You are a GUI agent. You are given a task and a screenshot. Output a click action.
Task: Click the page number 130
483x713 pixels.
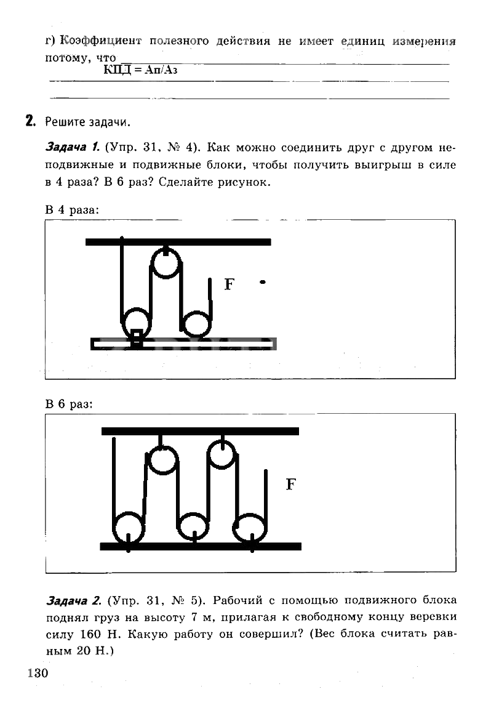click(x=38, y=672)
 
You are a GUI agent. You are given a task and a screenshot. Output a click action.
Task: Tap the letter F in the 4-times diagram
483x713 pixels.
click(x=229, y=284)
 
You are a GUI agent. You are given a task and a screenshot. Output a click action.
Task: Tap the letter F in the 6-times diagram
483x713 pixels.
click(x=290, y=485)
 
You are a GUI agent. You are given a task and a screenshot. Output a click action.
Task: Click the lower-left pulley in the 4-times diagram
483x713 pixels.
click(x=137, y=322)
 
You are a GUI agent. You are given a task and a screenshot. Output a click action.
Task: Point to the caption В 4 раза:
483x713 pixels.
click(x=71, y=209)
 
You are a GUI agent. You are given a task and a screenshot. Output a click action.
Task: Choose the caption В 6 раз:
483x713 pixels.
click(x=69, y=405)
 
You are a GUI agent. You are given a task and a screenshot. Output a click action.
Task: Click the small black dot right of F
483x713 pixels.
click(x=263, y=283)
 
